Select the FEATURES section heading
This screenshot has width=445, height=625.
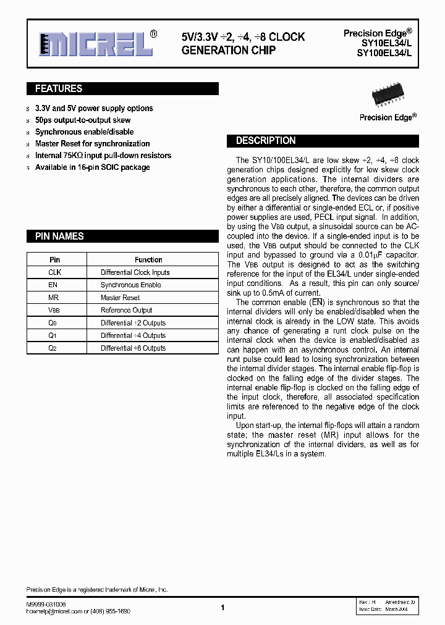click(59, 89)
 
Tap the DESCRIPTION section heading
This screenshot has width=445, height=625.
click(266, 141)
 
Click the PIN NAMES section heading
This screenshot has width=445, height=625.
click(59, 237)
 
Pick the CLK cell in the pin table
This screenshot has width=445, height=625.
click(54, 272)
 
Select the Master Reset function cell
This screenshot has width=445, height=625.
click(120, 298)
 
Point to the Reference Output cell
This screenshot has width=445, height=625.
click(126, 311)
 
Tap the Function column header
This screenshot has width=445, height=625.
click(148, 260)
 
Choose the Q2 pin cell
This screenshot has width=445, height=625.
click(53, 348)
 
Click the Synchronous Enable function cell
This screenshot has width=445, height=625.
click(130, 285)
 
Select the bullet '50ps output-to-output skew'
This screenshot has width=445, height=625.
click(83, 120)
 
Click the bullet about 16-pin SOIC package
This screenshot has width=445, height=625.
click(92, 167)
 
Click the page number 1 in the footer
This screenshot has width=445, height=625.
click(222, 608)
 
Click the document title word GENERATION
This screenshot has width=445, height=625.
click(206, 50)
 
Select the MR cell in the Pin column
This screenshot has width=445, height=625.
click(54, 298)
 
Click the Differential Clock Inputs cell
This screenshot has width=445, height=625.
click(135, 272)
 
